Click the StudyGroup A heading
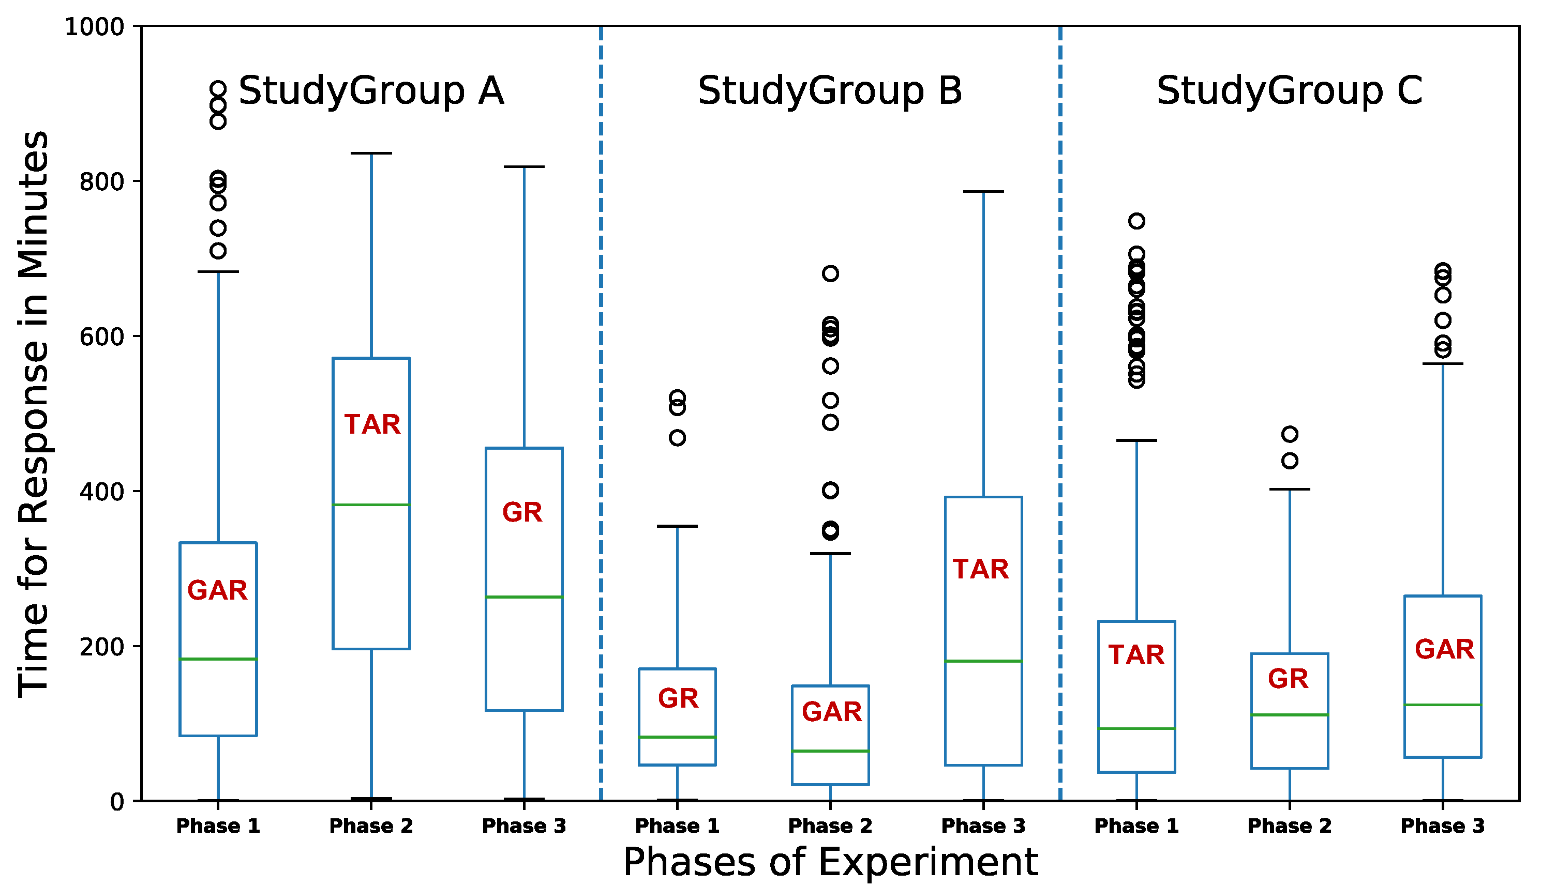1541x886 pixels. [x=371, y=91]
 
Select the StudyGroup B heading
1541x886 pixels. [x=830, y=91]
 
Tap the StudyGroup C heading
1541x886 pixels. [x=1289, y=91]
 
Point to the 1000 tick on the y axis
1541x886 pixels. [x=94, y=27]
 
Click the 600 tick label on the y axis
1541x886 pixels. [x=102, y=337]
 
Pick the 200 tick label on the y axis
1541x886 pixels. [x=102, y=646]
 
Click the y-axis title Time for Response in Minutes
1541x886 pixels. [x=34, y=414]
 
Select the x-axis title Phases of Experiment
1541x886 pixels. [x=830, y=862]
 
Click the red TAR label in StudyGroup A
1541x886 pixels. [x=372, y=425]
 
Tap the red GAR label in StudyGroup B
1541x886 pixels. [x=831, y=712]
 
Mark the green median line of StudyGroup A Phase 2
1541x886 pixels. [x=371, y=505]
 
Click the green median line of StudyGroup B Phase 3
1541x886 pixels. [x=983, y=661]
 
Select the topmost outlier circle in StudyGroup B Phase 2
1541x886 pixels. [x=830, y=273]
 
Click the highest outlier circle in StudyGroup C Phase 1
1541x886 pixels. [x=1136, y=221]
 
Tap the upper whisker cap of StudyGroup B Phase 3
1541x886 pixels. [x=983, y=192]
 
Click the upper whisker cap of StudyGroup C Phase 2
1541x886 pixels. [x=1289, y=489]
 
